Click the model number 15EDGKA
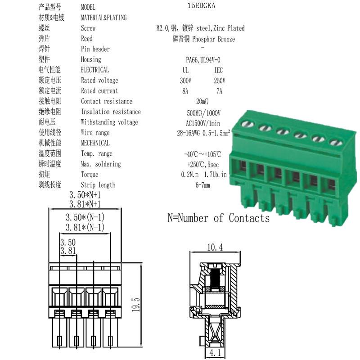201,5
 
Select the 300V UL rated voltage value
185,81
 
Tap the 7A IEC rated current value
219,91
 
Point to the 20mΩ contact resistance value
202,101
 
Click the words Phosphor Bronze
213,39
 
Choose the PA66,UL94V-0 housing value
203,60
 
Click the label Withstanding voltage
109,122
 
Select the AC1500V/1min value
203,123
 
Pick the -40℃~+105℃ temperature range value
203,154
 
